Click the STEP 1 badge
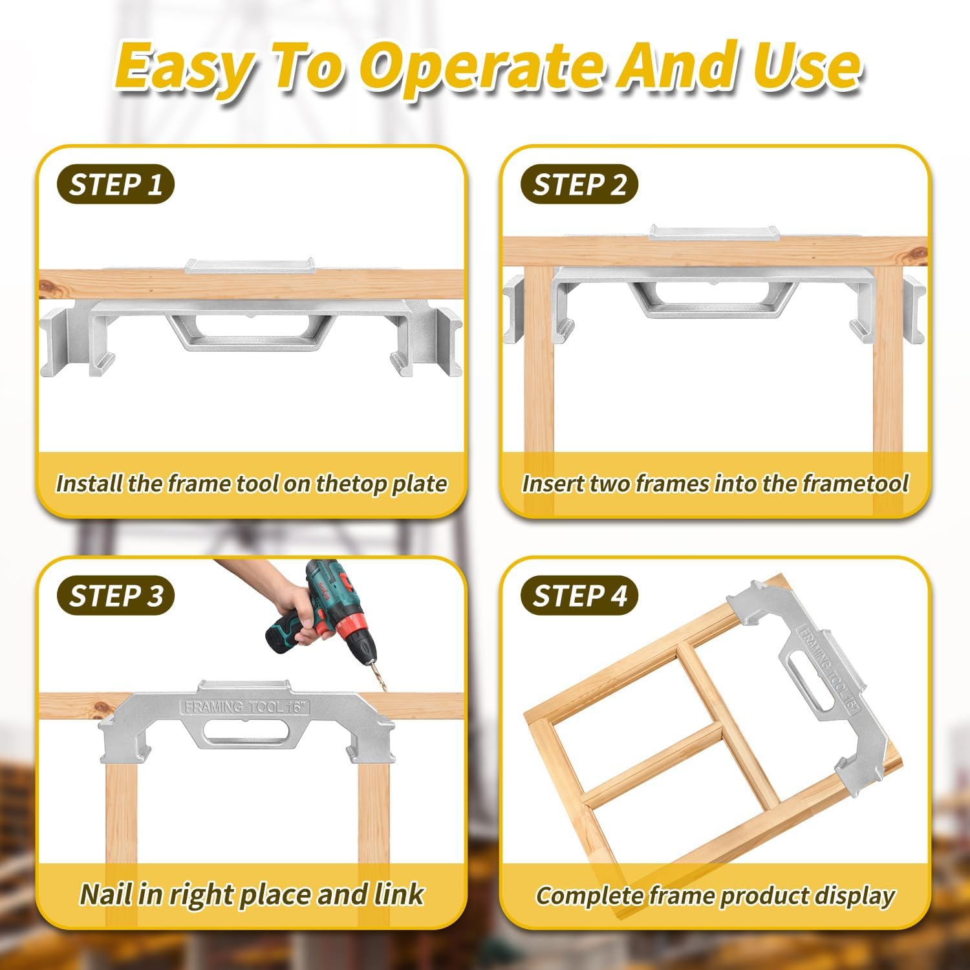pyautogui.click(x=115, y=185)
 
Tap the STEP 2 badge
pyautogui.click(x=579, y=185)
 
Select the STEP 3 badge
pyautogui.click(x=115, y=596)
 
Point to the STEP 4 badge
pyautogui.click(x=579, y=596)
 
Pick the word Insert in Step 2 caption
pyautogui.click(x=553, y=484)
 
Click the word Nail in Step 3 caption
pyautogui.click(x=107, y=894)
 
